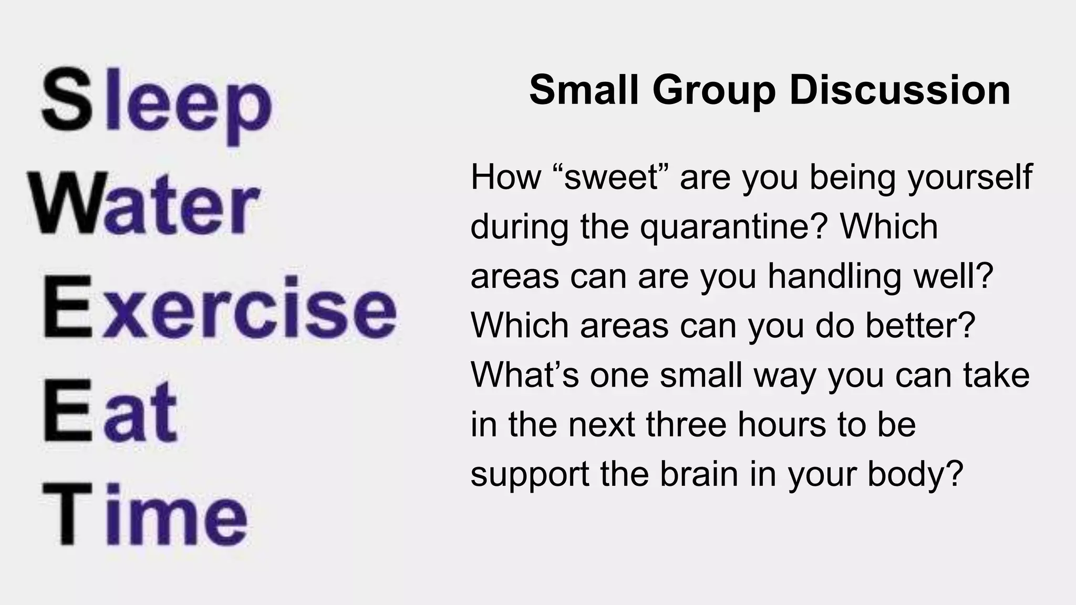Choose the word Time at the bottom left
point(144,515)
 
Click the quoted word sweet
point(612,177)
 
